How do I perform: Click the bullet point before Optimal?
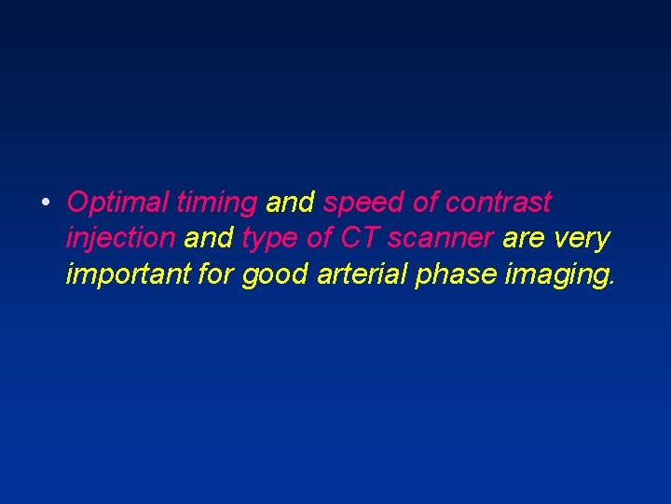point(45,203)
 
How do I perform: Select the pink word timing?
point(216,203)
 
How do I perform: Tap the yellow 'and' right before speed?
point(291,203)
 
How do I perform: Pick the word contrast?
point(499,203)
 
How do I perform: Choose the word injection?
point(120,239)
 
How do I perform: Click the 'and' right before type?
point(210,239)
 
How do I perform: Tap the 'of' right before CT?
point(320,239)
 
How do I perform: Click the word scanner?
point(441,240)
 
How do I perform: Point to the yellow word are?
point(524,240)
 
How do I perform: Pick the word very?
point(582,240)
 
